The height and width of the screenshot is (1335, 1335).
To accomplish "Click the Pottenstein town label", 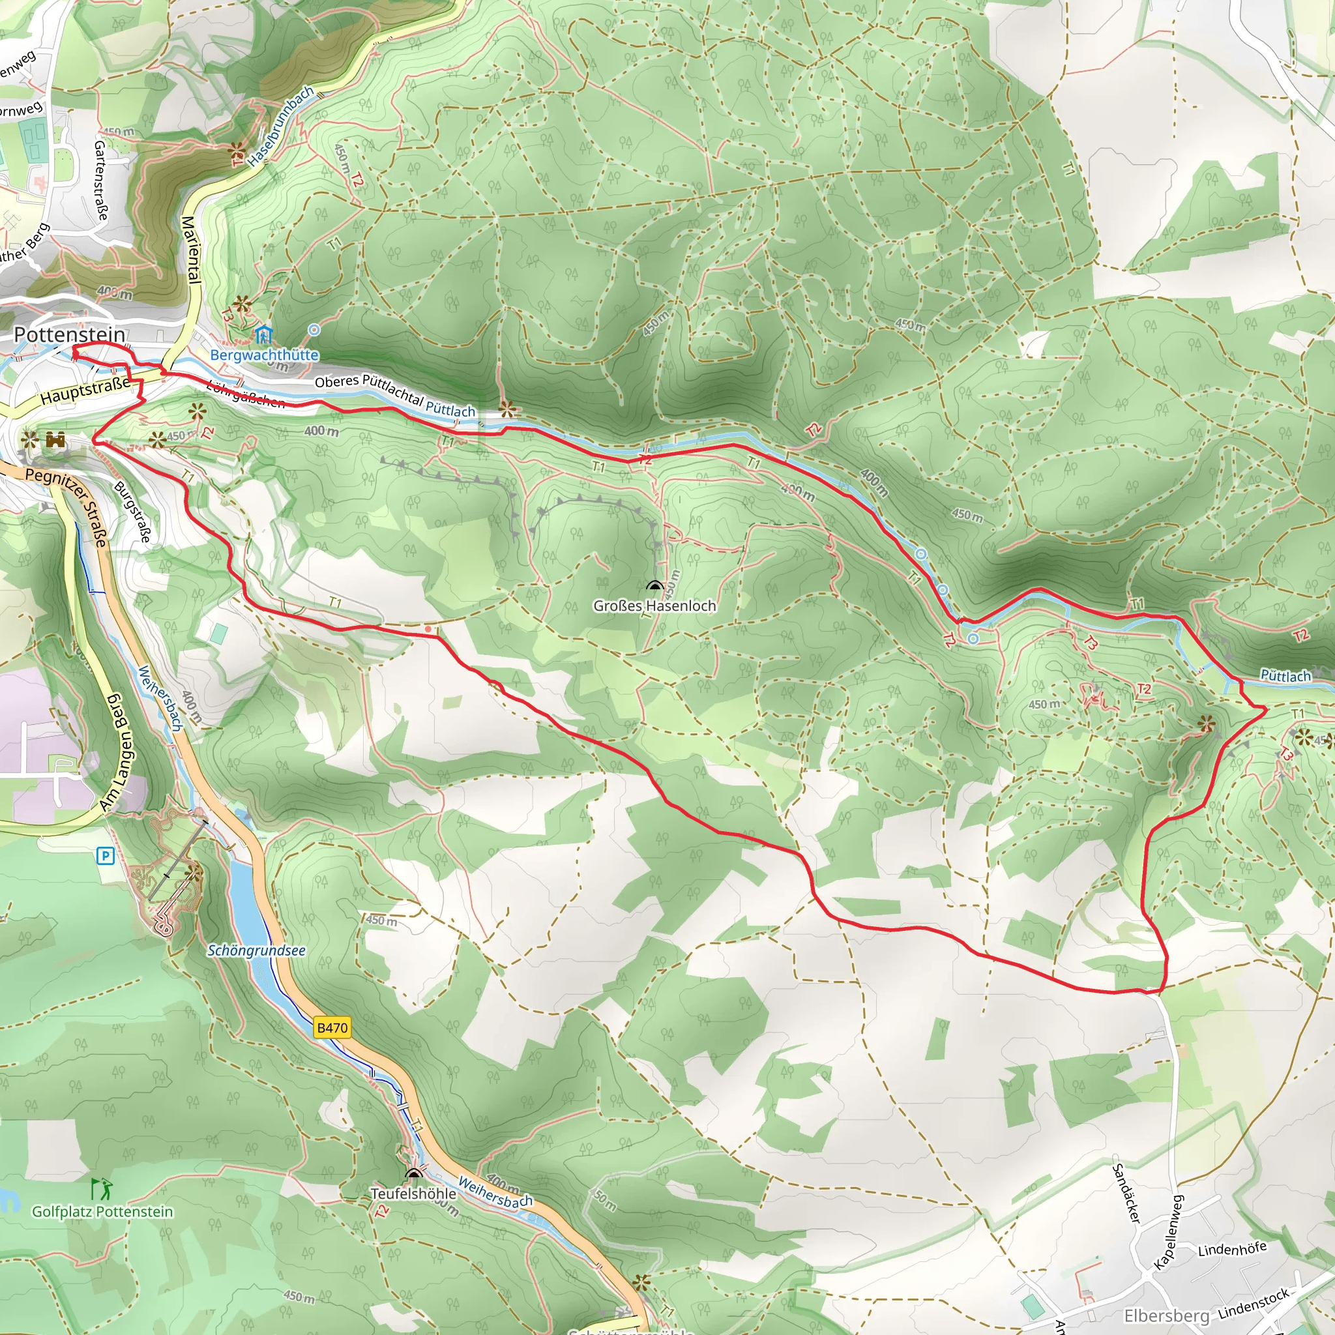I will tap(70, 334).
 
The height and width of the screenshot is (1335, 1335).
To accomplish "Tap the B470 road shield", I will tap(332, 1027).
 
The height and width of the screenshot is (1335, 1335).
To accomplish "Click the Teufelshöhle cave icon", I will tap(414, 1173).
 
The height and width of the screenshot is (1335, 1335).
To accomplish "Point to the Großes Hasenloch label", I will tap(654, 606).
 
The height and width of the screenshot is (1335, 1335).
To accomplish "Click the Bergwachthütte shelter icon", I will tap(263, 336).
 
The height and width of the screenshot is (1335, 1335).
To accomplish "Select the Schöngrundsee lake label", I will tap(256, 951).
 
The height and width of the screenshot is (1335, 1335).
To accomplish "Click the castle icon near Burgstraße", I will tap(56, 439).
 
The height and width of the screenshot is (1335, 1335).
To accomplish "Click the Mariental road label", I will tap(192, 249).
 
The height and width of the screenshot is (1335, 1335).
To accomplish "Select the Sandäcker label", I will tap(1124, 1194).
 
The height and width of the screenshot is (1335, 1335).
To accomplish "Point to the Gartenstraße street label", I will tap(101, 181).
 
